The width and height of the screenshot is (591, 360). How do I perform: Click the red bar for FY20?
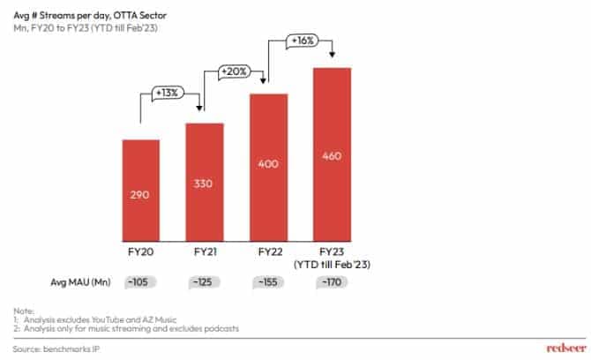coord(140,190)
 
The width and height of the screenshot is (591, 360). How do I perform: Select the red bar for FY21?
coord(205,182)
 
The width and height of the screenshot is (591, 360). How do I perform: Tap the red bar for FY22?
coord(268,167)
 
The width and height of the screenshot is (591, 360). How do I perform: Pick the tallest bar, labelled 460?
coord(332,154)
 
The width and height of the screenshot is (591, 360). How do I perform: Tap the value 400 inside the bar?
coord(268,164)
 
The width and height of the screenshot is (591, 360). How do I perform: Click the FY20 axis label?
coord(140,253)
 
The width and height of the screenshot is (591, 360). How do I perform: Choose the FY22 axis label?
coord(268,253)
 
